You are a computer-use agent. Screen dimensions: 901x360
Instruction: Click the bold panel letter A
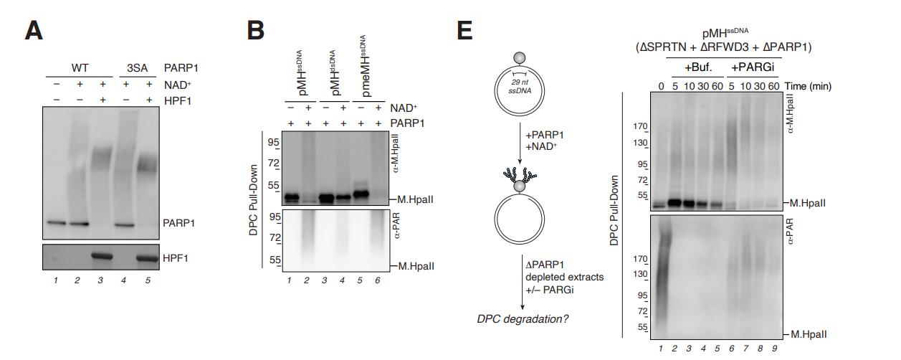(34, 31)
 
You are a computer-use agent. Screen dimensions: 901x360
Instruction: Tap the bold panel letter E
(464, 31)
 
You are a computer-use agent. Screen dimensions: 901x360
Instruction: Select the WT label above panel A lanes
(80, 68)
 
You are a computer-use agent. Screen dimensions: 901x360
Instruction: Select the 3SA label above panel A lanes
(137, 68)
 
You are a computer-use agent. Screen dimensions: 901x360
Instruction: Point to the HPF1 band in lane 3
(103, 257)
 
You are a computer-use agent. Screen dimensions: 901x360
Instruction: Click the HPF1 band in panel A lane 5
(147, 258)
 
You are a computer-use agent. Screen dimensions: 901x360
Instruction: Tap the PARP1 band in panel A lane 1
(55, 222)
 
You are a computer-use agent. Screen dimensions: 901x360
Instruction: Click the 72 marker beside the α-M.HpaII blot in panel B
(274, 164)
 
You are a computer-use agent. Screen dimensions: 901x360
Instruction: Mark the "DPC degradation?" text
(523, 319)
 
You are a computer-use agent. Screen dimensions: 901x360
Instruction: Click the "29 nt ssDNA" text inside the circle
(520, 87)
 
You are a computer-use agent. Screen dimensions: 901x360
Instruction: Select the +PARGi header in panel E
(753, 67)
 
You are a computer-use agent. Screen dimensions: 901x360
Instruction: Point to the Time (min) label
(808, 87)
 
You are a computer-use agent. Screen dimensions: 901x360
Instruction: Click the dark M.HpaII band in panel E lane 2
(674, 203)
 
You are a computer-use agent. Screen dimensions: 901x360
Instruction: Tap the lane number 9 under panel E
(774, 349)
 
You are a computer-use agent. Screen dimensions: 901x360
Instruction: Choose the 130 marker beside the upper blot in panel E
(640, 143)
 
